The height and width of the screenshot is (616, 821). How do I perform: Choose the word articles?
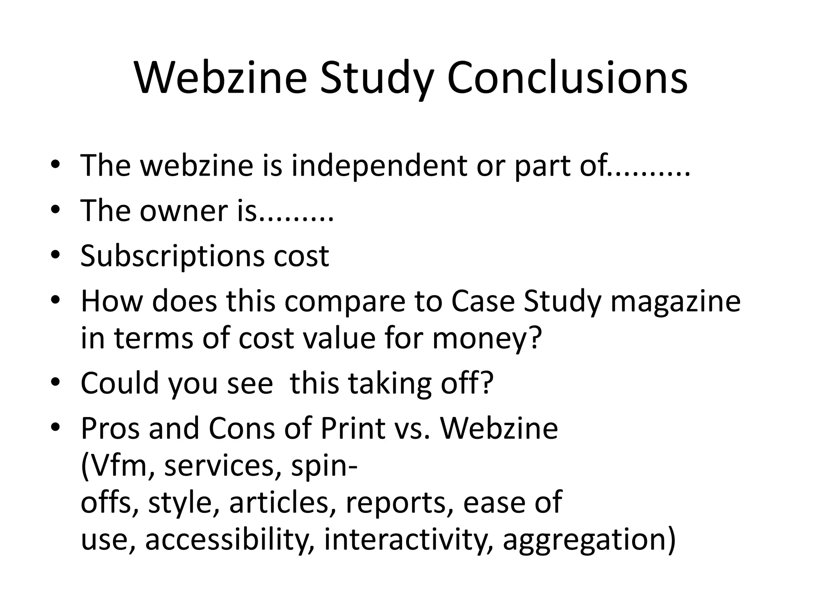pos(284,503)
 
